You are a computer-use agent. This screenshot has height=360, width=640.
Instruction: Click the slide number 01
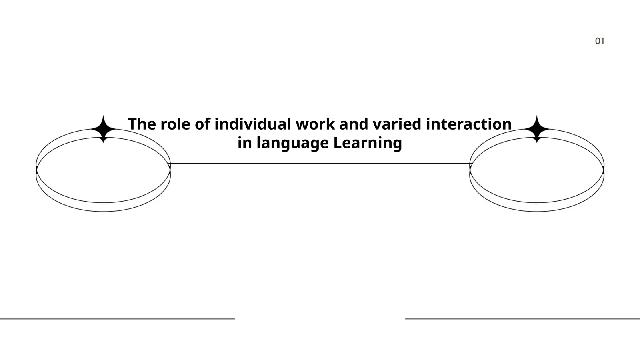click(x=600, y=41)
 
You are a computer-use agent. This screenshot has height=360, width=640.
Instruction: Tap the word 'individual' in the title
click(x=253, y=124)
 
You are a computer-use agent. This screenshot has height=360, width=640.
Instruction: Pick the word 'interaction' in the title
click(x=468, y=124)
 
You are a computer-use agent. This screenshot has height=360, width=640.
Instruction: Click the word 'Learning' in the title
click(x=368, y=143)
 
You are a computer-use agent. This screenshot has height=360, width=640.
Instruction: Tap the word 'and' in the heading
click(x=354, y=124)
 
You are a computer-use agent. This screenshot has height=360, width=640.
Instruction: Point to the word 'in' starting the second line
click(x=245, y=142)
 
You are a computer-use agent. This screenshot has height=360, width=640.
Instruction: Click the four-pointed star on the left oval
click(x=104, y=129)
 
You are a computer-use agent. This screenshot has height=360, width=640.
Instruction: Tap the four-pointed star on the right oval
click(x=537, y=129)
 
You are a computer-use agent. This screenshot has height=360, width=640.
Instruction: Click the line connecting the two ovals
click(x=320, y=164)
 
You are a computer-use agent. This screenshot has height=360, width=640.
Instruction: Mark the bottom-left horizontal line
click(x=118, y=318)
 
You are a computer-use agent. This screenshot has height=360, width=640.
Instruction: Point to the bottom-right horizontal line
click(x=522, y=318)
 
